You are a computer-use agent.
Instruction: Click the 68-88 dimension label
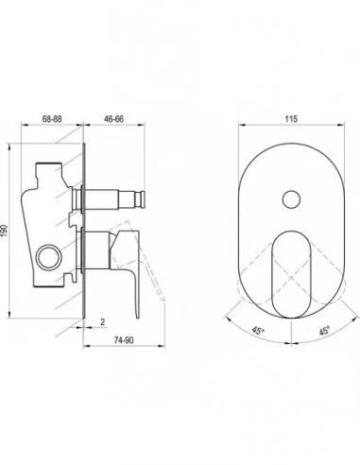coord(52,119)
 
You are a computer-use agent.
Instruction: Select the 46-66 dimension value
coord(113,119)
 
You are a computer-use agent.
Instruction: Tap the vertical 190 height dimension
coord(4,232)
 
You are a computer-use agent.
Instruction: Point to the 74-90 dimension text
coord(124,340)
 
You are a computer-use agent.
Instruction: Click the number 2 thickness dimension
coord(103,322)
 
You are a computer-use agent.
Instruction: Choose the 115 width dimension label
coord(291,119)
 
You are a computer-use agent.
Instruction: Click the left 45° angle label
coord(258,331)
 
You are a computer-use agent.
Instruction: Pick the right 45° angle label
coord(324,331)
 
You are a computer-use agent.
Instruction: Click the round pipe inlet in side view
coord(49,257)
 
